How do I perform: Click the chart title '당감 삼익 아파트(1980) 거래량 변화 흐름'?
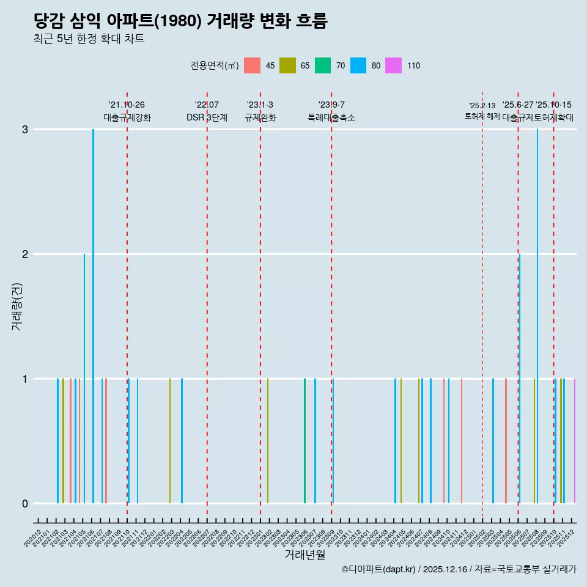pyautogui.click(x=180, y=21)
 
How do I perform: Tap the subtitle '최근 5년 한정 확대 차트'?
pyautogui.click(x=89, y=40)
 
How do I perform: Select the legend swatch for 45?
pyautogui.click(x=252, y=65)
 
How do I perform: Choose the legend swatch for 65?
pyautogui.click(x=287, y=65)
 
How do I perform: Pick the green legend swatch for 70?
pyautogui.click(x=323, y=65)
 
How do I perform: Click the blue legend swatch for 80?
pyautogui.click(x=358, y=65)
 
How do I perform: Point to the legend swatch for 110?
pyautogui.click(x=393, y=65)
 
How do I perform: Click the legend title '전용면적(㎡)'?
pyautogui.click(x=215, y=66)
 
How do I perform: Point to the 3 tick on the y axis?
pyautogui.click(x=24, y=129)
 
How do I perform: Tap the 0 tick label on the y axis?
pyautogui.click(x=24, y=503)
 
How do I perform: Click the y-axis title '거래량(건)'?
pyautogui.click(x=17, y=306)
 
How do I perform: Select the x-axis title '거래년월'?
pyautogui.click(x=305, y=555)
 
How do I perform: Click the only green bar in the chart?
pyautogui.click(x=305, y=440)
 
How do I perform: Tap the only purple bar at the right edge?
pyautogui.click(x=575, y=440)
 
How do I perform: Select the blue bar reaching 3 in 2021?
pyautogui.click(x=93, y=316)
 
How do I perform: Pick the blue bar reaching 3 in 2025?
pyautogui.click(x=537, y=316)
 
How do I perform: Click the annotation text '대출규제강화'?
pyautogui.click(x=127, y=117)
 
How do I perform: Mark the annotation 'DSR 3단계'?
pyautogui.click(x=207, y=117)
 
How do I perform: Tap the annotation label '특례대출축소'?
pyautogui.click(x=331, y=117)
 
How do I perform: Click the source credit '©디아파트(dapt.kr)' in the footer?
pyautogui.click(x=379, y=569)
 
